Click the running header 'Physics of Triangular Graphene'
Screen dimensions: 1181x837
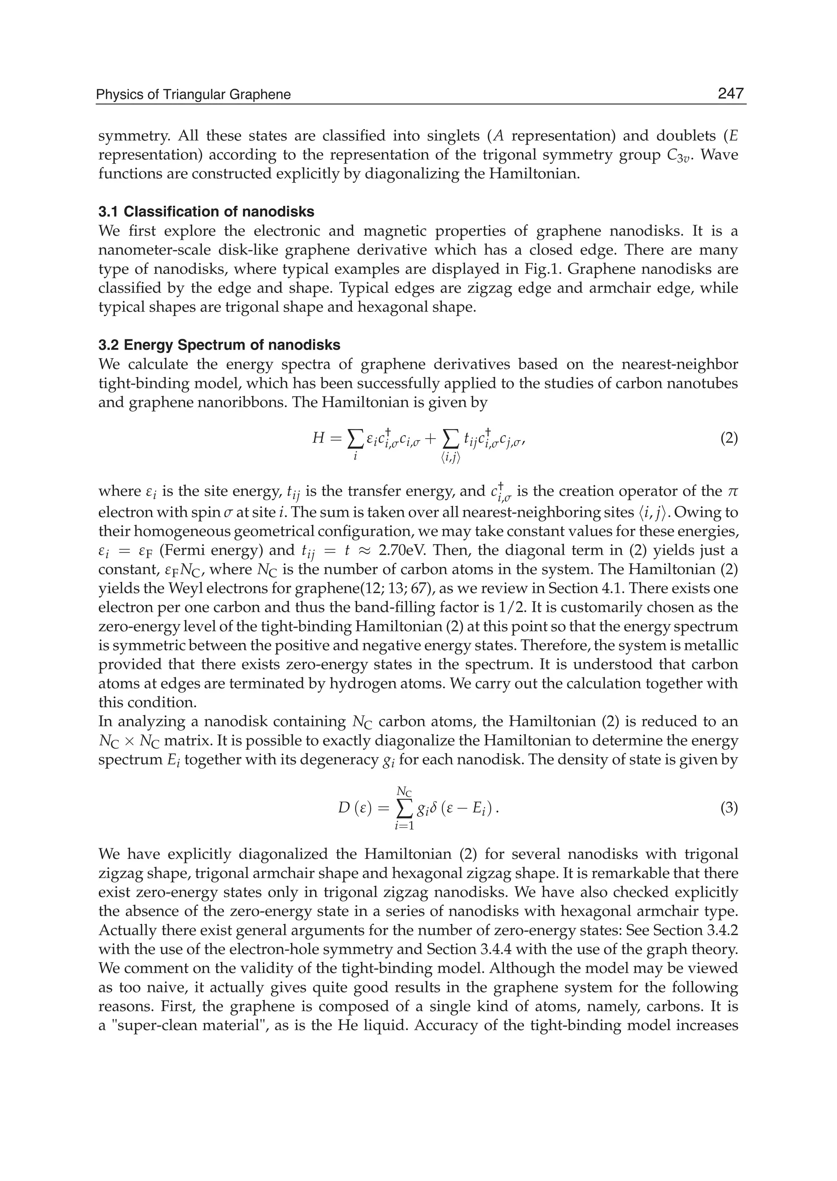194,95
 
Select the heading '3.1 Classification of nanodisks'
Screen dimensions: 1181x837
206,212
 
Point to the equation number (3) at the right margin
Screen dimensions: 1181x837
729,808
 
